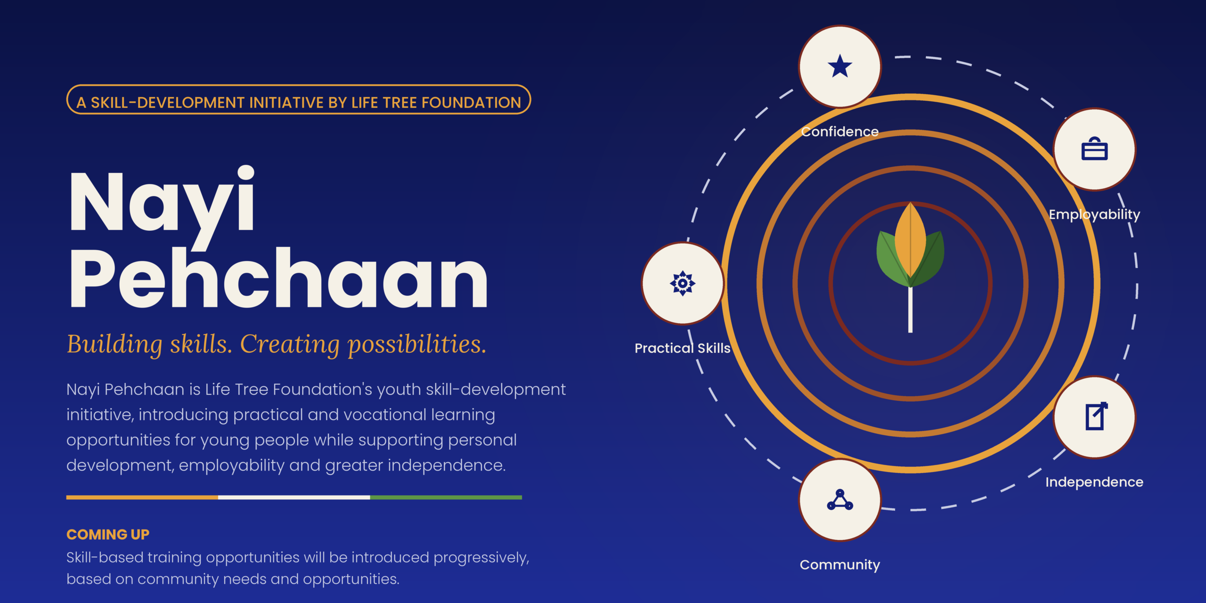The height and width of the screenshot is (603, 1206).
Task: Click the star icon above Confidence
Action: (840, 66)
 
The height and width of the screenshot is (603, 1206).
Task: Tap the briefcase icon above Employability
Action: (1094, 149)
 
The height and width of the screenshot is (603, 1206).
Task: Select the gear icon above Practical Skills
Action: (683, 283)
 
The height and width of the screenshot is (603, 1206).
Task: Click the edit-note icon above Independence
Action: (1096, 416)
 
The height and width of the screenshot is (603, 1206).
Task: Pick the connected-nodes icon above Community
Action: (840, 500)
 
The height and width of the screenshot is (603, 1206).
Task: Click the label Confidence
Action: (840, 131)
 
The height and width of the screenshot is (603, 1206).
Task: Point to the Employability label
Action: (1094, 214)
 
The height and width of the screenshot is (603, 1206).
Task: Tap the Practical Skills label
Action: (683, 348)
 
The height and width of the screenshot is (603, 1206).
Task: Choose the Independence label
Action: (1094, 482)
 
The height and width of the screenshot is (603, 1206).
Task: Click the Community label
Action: (840, 564)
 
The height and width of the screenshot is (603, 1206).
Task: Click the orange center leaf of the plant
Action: (911, 240)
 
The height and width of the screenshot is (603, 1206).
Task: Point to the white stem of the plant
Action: (910, 309)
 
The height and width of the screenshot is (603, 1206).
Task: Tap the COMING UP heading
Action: (108, 534)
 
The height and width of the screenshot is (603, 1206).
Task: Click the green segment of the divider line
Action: (446, 497)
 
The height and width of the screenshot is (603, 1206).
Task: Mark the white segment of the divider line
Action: (294, 497)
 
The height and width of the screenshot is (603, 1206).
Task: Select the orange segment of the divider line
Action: (142, 497)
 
